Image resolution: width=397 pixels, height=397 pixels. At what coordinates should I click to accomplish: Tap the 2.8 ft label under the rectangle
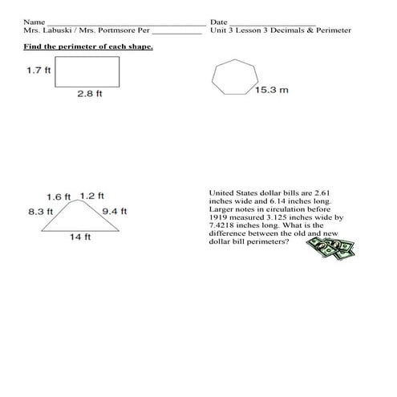coord(89,94)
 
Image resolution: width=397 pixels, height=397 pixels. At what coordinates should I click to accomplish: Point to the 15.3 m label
coord(272,91)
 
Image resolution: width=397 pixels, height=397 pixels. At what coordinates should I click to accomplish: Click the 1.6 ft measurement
coord(59,196)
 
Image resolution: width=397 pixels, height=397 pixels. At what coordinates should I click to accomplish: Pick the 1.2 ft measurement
coord(92,196)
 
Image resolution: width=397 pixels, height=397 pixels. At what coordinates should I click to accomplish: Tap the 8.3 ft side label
coord(40,212)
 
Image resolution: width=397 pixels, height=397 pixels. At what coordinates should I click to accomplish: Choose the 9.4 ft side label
coord(115,212)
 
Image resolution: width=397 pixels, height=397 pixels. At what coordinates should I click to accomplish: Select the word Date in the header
coord(218,22)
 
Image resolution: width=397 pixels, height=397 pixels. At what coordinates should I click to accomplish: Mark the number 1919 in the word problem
coord(219,217)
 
